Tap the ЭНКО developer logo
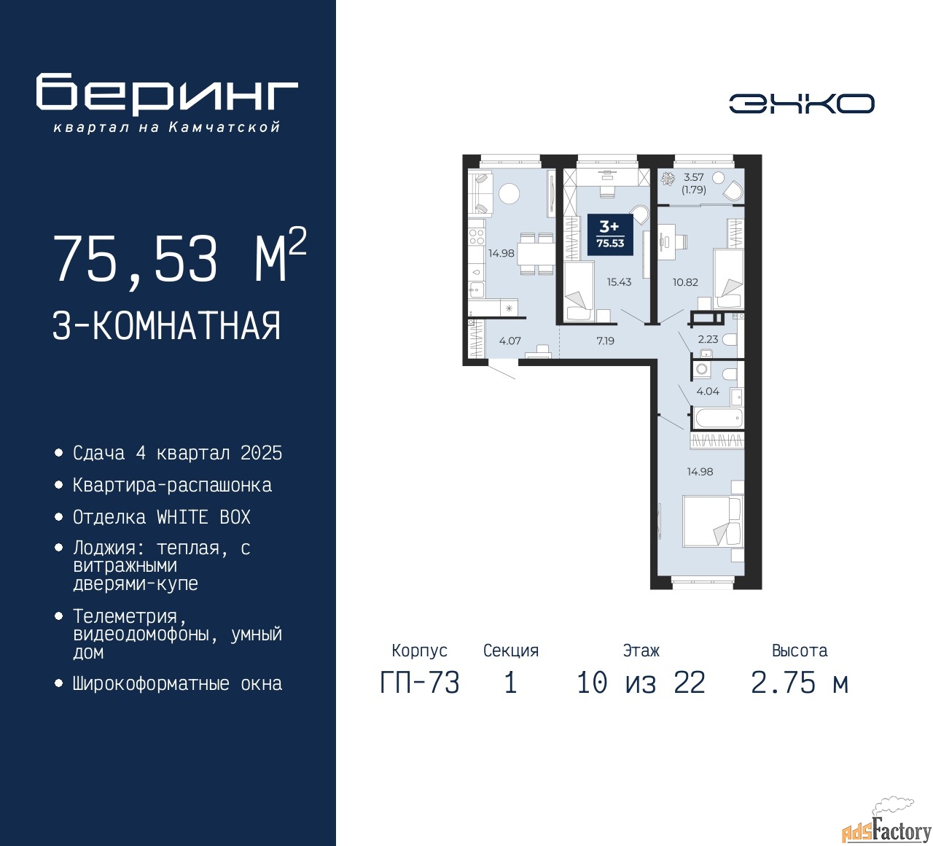coord(801,104)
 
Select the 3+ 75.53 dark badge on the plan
coord(610,235)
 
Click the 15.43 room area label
coord(619,282)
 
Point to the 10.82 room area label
coord(685,282)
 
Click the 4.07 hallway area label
coord(510,341)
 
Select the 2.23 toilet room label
coord(708,339)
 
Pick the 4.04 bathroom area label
coord(708,392)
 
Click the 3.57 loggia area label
coord(693,177)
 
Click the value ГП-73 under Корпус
coord(420,683)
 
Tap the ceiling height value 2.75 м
coord(800,683)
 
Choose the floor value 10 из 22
coord(641,683)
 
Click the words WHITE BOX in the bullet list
coord(203,517)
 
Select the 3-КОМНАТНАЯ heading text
coord(166,326)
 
